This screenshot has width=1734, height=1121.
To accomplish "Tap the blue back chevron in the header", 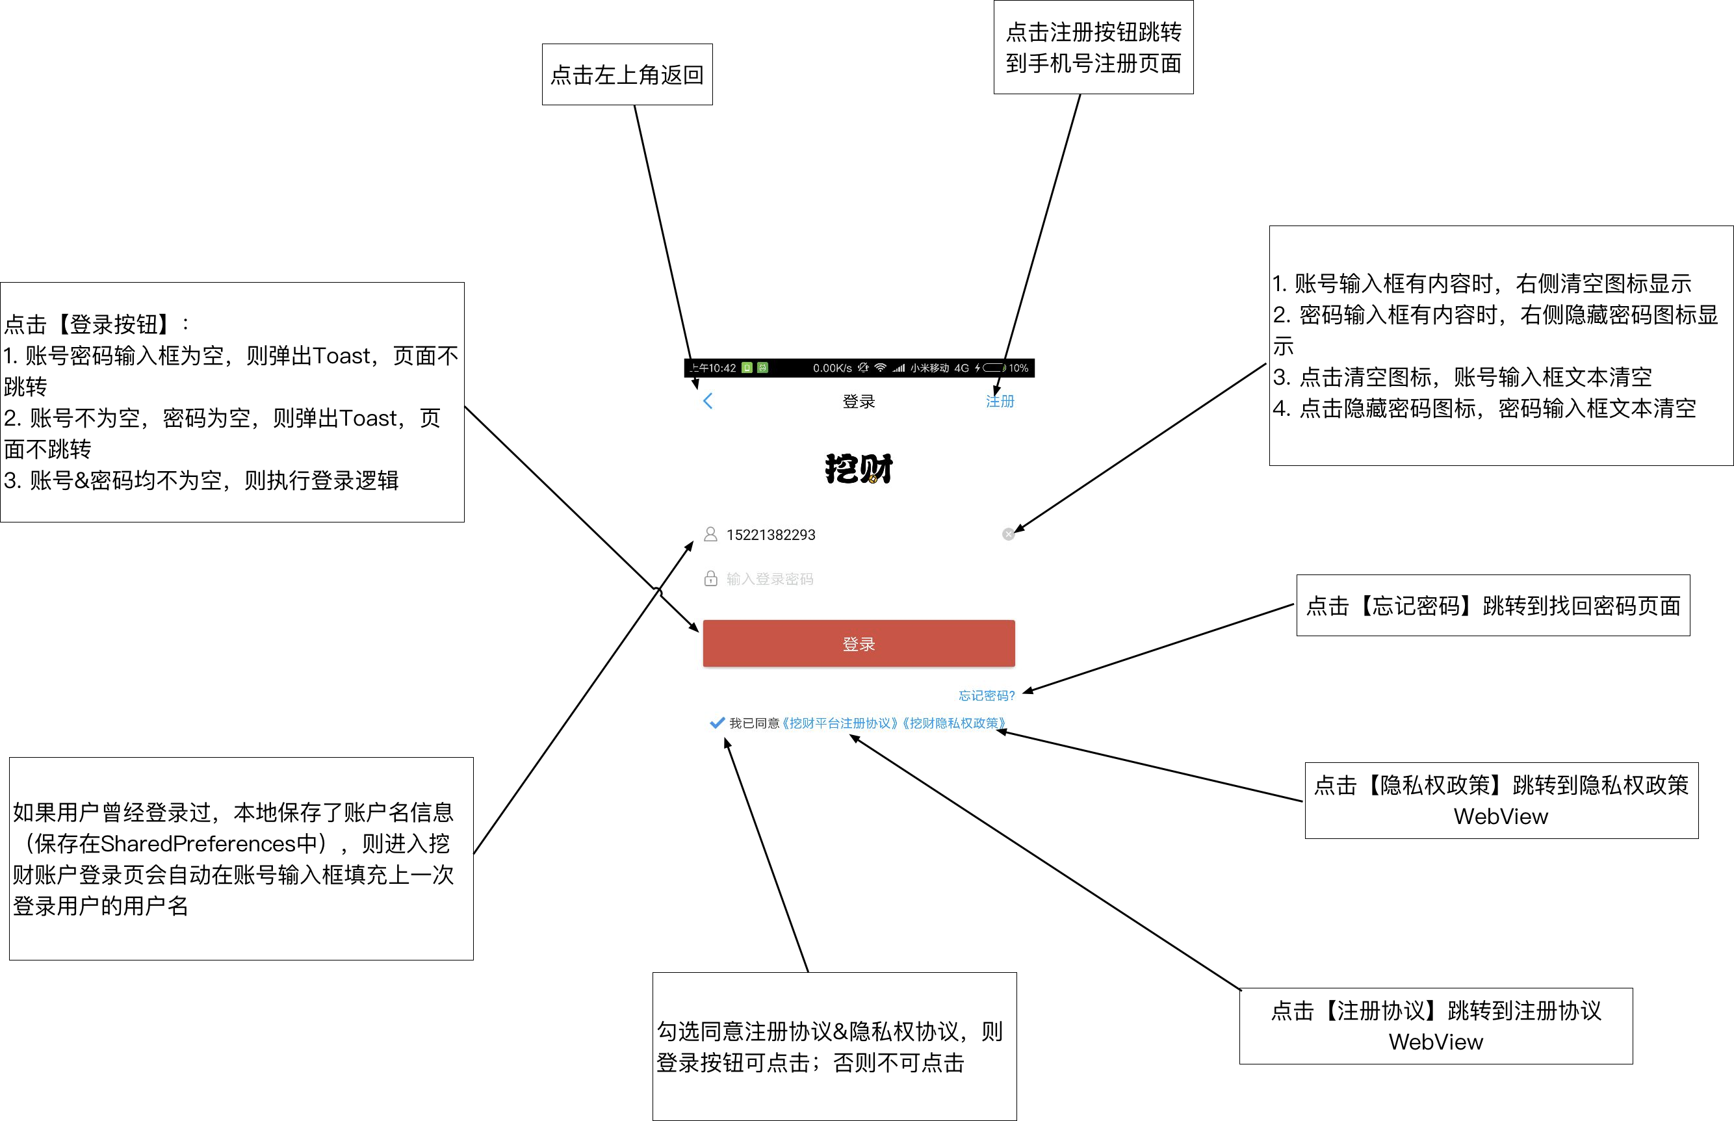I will point(708,401).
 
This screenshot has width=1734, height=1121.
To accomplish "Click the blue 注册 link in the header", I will point(1000,401).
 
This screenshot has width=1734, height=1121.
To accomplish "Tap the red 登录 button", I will point(859,643).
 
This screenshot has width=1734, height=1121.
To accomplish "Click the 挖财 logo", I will point(859,469).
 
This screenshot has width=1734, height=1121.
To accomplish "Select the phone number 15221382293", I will point(770,535).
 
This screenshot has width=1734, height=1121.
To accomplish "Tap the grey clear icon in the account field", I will point(1008,534).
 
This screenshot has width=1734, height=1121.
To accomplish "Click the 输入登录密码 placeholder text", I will point(770,580).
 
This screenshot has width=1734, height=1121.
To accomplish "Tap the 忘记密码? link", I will point(986,696).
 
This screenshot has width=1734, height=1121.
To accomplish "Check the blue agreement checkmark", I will point(717,723).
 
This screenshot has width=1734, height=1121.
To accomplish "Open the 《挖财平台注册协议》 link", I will point(839,723).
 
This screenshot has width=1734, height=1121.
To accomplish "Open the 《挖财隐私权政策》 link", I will point(953,723).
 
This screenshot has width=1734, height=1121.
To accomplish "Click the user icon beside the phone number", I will point(710,534).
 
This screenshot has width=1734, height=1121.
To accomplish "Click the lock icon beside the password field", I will point(710,579).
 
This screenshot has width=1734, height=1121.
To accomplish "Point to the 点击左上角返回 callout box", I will point(627,74).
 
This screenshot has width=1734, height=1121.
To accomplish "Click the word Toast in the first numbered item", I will point(341,356).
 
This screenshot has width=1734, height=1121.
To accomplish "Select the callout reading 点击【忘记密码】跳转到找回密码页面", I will point(1492,606).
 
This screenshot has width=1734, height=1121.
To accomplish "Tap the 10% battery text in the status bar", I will point(1018,368).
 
